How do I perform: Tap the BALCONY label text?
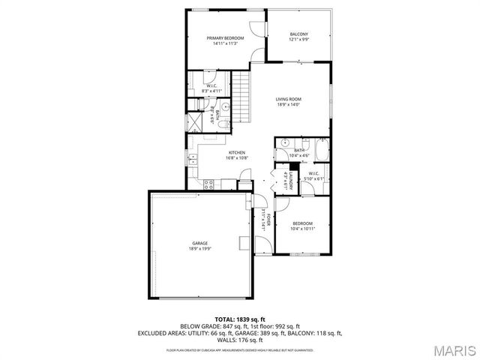(298, 34)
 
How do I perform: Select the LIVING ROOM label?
(287, 100)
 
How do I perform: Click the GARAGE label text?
(199, 243)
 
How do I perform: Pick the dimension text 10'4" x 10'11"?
(302, 229)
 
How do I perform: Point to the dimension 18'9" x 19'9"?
(199, 248)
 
